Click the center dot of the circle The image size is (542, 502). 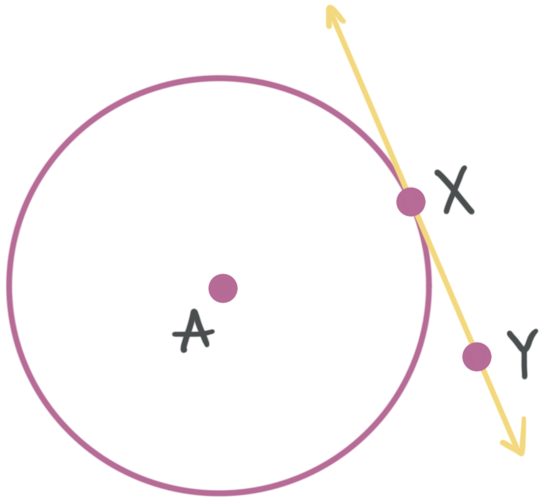(x=223, y=288)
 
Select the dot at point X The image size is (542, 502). (x=411, y=200)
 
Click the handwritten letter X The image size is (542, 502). (x=457, y=192)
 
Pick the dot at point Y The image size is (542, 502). (x=477, y=356)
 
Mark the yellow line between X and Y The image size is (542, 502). (x=444, y=277)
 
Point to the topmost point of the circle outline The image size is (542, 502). (x=219, y=78)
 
